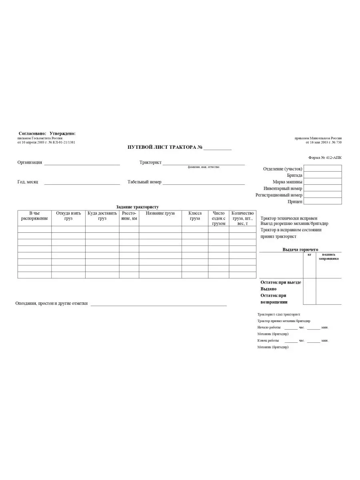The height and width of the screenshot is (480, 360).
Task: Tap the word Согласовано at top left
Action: pyautogui.click(x=32, y=133)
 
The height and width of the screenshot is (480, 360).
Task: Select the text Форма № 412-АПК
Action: pyautogui.click(x=325, y=158)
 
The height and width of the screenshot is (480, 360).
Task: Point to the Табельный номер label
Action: pyautogui.click(x=144, y=182)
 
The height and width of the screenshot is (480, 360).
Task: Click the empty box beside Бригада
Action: pyautogui.click(x=323, y=175)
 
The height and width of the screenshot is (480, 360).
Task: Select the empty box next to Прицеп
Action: pyautogui.click(x=323, y=201)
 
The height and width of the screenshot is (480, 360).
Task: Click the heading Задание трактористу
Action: pyautogui.click(x=137, y=207)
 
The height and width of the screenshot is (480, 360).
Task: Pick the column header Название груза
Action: pyautogui.click(x=160, y=214)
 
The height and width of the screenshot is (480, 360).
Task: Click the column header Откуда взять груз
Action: pyautogui.click(x=68, y=216)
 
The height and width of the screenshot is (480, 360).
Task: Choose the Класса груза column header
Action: pyautogui.click(x=195, y=216)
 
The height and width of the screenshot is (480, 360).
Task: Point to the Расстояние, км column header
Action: pyautogui.click(x=129, y=216)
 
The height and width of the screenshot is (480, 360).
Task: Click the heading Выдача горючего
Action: pyautogui.click(x=300, y=250)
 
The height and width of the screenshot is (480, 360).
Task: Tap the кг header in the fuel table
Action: pyautogui.click(x=309, y=254)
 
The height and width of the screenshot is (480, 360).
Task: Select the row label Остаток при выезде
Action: pyautogui.click(x=280, y=282)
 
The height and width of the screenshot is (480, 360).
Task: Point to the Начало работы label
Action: pyautogui.click(x=269, y=328)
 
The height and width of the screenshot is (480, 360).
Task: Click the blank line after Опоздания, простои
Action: pyautogui.click(x=158, y=305)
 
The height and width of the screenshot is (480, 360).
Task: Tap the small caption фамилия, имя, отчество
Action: pyautogui.click(x=204, y=167)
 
